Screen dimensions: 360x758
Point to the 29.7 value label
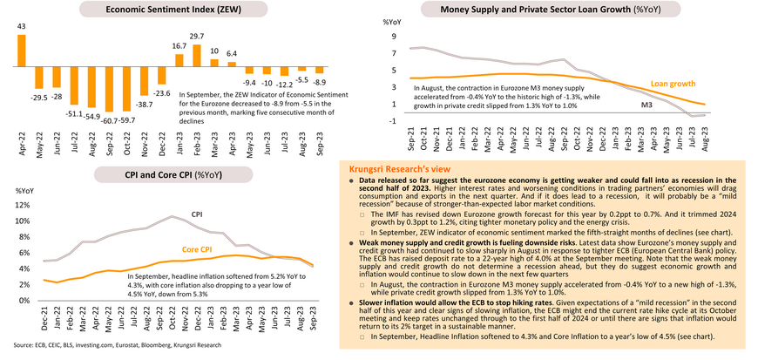point(197,36)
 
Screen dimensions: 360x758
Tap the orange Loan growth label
point(673,85)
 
